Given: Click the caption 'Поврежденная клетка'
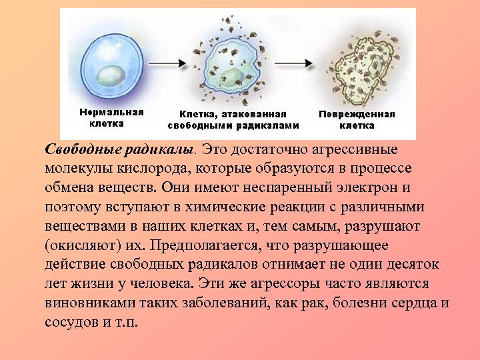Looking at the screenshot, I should click(357, 119).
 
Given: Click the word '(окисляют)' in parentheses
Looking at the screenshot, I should click(79, 245).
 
